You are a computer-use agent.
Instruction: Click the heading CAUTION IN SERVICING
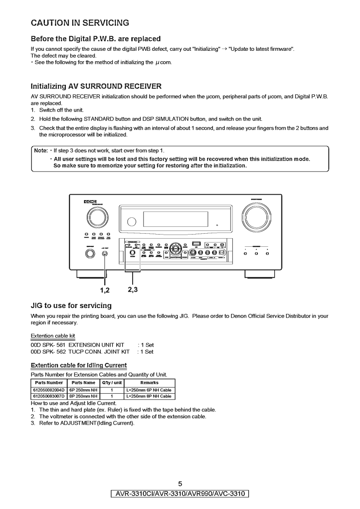79,22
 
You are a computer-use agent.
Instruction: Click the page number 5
180,484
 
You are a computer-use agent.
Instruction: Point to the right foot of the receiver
259,274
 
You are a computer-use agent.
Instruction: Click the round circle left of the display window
132,221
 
